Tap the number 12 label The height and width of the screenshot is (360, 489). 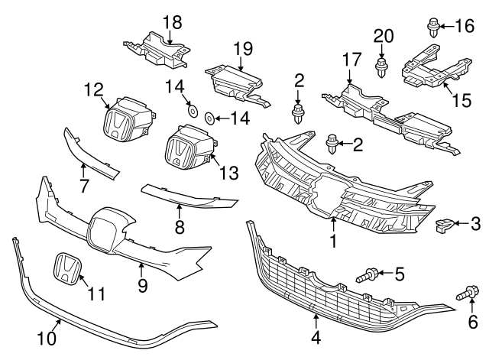[93, 90]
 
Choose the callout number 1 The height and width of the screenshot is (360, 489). [333, 241]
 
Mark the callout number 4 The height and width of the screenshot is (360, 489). [315, 334]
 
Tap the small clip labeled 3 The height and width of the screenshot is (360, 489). [442, 224]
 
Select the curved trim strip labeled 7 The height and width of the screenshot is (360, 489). [92, 153]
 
